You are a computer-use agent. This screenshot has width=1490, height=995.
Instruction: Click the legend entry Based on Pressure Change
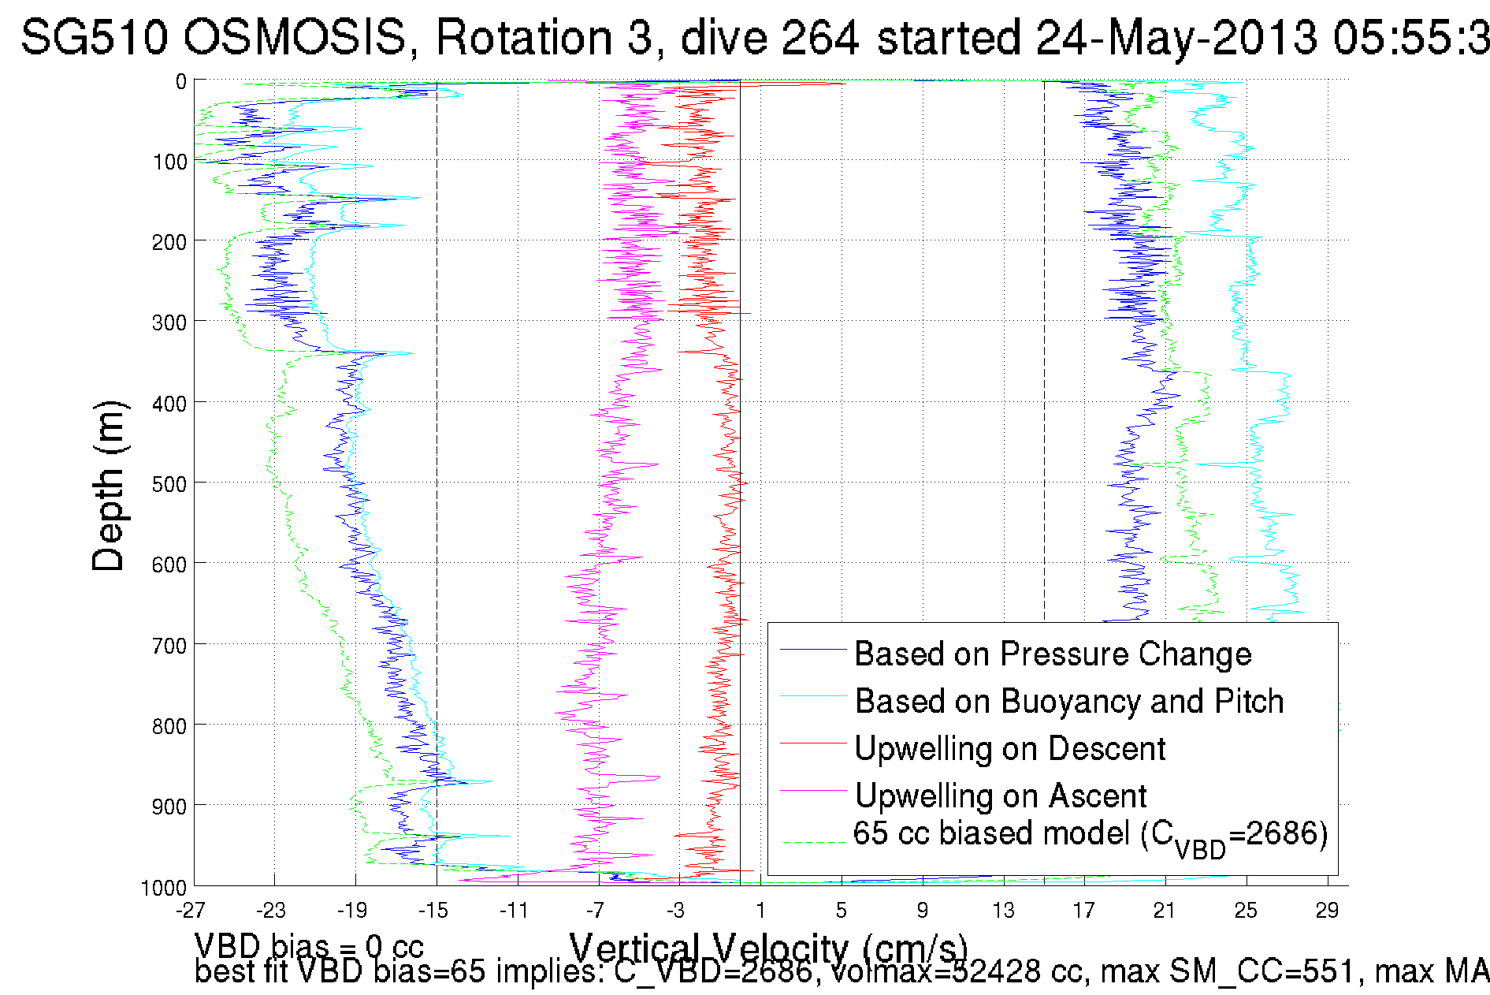click(1052, 654)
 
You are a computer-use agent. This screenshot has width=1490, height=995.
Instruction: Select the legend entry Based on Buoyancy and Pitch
click(1068, 702)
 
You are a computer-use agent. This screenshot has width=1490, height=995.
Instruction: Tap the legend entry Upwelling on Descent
click(1009, 749)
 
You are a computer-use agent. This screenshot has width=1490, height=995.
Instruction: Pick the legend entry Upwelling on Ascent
click(1000, 796)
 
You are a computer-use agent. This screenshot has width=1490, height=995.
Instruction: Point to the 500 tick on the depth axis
click(169, 484)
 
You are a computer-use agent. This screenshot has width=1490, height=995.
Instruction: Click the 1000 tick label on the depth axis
click(163, 889)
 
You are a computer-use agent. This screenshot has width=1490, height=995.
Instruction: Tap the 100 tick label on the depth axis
click(169, 162)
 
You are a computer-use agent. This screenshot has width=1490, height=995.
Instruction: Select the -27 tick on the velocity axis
click(191, 911)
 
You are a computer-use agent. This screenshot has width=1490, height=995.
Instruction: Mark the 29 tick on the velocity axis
click(1327, 911)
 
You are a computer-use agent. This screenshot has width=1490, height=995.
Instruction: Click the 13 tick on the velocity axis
click(1003, 911)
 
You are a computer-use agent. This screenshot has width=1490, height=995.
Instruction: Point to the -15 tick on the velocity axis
click(433, 911)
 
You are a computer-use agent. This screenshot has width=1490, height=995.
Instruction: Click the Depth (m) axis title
click(109, 486)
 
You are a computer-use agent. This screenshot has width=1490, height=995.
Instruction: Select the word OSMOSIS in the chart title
click(297, 38)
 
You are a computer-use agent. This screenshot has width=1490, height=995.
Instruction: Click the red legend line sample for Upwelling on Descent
click(812, 743)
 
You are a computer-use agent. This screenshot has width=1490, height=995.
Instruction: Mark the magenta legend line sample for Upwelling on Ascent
click(812, 790)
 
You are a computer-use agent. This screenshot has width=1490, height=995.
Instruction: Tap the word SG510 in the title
click(94, 38)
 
